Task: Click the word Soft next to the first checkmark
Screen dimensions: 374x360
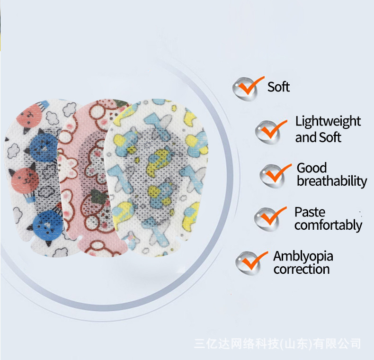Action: coord(278,87)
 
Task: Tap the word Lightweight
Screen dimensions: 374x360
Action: coord(328,121)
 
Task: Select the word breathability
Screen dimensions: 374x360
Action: coord(332,181)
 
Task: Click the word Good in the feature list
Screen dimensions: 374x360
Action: coord(312,168)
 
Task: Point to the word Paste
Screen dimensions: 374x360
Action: coord(310,212)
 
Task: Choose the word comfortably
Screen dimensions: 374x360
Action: coord(328,225)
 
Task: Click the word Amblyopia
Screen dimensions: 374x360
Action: coord(303,256)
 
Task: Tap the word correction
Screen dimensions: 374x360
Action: coord(301,270)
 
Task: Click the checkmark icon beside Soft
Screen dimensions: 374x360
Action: coord(246,88)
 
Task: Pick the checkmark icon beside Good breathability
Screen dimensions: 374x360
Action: coord(274,174)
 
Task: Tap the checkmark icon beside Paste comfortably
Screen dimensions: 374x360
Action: coord(270,218)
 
